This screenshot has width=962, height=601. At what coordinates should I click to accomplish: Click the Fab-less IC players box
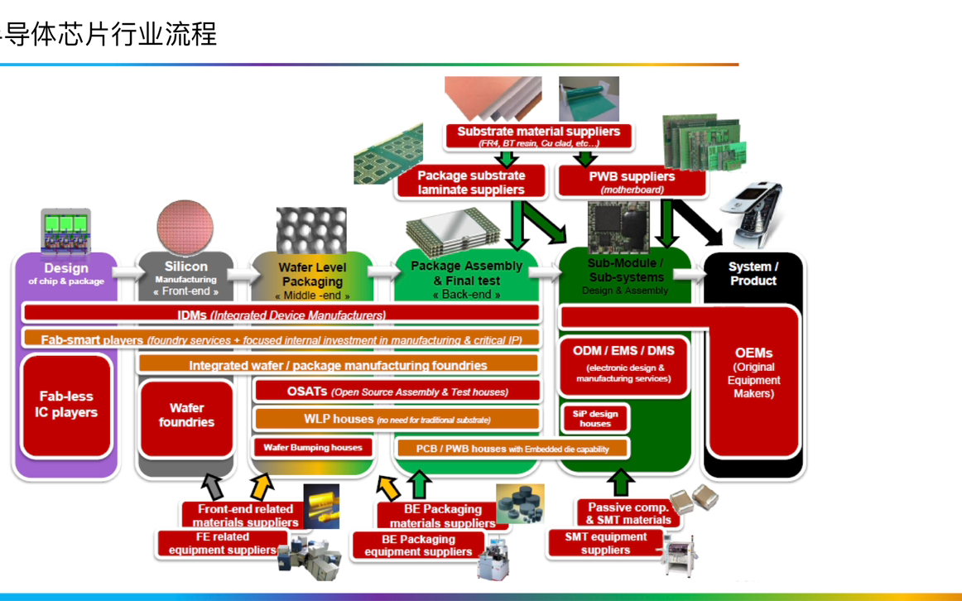(x=66, y=405)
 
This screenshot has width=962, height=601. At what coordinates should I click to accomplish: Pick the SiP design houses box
(x=594, y=418)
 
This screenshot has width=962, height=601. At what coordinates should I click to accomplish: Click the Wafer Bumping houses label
(x=313, y=448)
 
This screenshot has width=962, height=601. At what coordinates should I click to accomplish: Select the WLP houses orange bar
(x=397, y=419)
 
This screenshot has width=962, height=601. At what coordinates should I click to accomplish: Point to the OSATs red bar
(x=397, y=392)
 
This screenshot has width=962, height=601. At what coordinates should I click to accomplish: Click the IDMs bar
(x=281, y=315)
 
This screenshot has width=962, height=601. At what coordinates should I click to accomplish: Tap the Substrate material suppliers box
(x=538, y=136)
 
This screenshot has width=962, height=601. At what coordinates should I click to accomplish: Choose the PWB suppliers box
(x=632, y=181)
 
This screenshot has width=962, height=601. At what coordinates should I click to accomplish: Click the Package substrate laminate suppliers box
(x=471, y=182)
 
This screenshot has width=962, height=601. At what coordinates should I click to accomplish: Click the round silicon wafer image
(x=185, y=225)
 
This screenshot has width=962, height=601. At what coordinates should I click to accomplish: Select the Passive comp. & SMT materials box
(x=628, y=513)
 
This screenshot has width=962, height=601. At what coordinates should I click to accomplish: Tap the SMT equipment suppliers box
(x=606, y=543)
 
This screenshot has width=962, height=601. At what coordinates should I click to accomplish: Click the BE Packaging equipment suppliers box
(x=418, y=545)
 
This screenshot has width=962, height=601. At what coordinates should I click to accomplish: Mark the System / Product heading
(x=753, y=273)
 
